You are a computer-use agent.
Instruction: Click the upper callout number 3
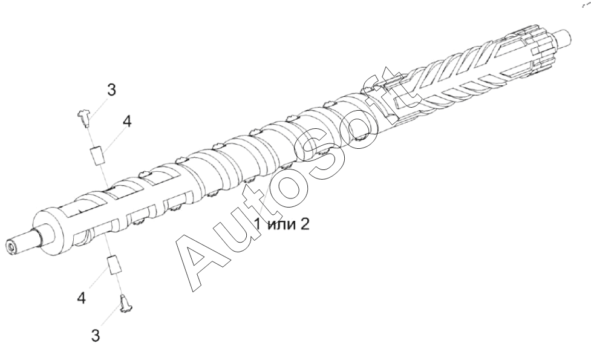pyautogui.click(x=112, y=91)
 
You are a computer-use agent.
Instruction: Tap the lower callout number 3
pyautogui.click(x=96, y=335)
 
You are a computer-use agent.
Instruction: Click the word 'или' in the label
pyautogui.click(x=280, y=226)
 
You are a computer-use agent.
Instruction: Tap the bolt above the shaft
pyautogui.click(x=85, y=116)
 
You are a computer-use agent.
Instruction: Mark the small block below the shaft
pyautogui.click(x=113, y=264)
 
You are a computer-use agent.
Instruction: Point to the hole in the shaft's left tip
pyautogui.click(x=11, y=247)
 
